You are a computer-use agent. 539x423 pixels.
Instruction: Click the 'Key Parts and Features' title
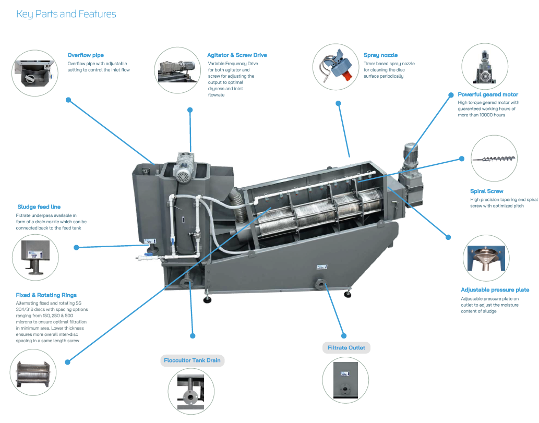click(66, 14)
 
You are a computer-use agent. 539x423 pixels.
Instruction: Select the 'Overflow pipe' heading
click(86, 55)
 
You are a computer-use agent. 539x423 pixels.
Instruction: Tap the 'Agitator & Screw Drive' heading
click(237, 55)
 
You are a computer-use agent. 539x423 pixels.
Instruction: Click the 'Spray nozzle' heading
click(380, 55)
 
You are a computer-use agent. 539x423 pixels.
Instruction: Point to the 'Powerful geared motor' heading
click(488, 94)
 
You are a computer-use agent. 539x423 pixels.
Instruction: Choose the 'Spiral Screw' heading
click(487, 191)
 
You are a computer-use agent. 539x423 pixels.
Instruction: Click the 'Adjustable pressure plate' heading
click(495, 289)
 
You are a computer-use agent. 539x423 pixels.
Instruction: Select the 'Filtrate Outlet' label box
click(346, 348)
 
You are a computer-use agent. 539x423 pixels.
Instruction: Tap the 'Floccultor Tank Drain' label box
click(192, 360)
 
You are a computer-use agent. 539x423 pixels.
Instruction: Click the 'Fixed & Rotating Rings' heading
click(46, 295)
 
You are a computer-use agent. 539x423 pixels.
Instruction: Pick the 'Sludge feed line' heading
click(39, 207)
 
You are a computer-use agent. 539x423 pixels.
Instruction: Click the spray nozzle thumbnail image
click(336, 67)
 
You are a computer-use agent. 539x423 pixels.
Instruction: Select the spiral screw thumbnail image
click(494, 159)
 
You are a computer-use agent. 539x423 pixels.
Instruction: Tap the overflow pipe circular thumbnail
click(35, 73)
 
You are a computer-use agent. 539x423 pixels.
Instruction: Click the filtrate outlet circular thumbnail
click(345, 380)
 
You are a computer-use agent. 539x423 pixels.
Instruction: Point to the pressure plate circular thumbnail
click(486, 258)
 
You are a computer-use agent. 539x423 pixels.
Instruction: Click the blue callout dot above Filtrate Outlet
click(344, 336)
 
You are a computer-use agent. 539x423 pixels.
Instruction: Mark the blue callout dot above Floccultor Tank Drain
click(193, 336)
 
